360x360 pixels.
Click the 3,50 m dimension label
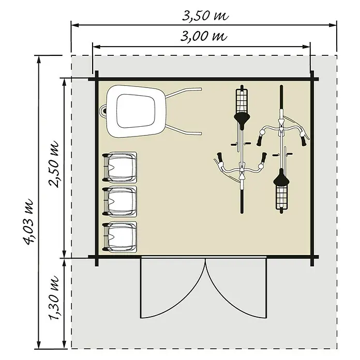coord(205,16)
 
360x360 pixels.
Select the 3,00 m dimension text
coord(204,36)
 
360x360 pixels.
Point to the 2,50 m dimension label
coord(54,164)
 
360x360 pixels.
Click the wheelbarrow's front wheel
coord(103,111)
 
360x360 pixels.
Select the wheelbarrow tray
coord(136,111)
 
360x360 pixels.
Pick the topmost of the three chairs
coord(119,168)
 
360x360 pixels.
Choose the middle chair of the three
coord(119,201)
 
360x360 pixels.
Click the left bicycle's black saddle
coord(242,118)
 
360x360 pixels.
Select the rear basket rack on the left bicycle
coord(242,100)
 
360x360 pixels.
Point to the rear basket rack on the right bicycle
coord(281,198)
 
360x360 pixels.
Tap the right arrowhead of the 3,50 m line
coord(333,25)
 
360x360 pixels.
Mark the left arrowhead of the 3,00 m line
coord(96,47)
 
